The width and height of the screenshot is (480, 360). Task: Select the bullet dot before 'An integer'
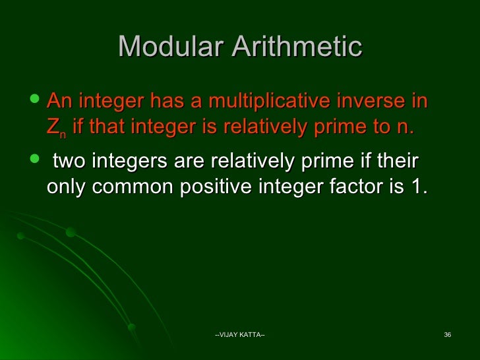point(35,101)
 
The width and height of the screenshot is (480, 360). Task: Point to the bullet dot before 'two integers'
point(35,162)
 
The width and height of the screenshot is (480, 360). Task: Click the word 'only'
point(67,187)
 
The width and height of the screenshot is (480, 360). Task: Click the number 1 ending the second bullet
point(417,187)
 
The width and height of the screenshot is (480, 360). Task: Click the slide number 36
point(447,337)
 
